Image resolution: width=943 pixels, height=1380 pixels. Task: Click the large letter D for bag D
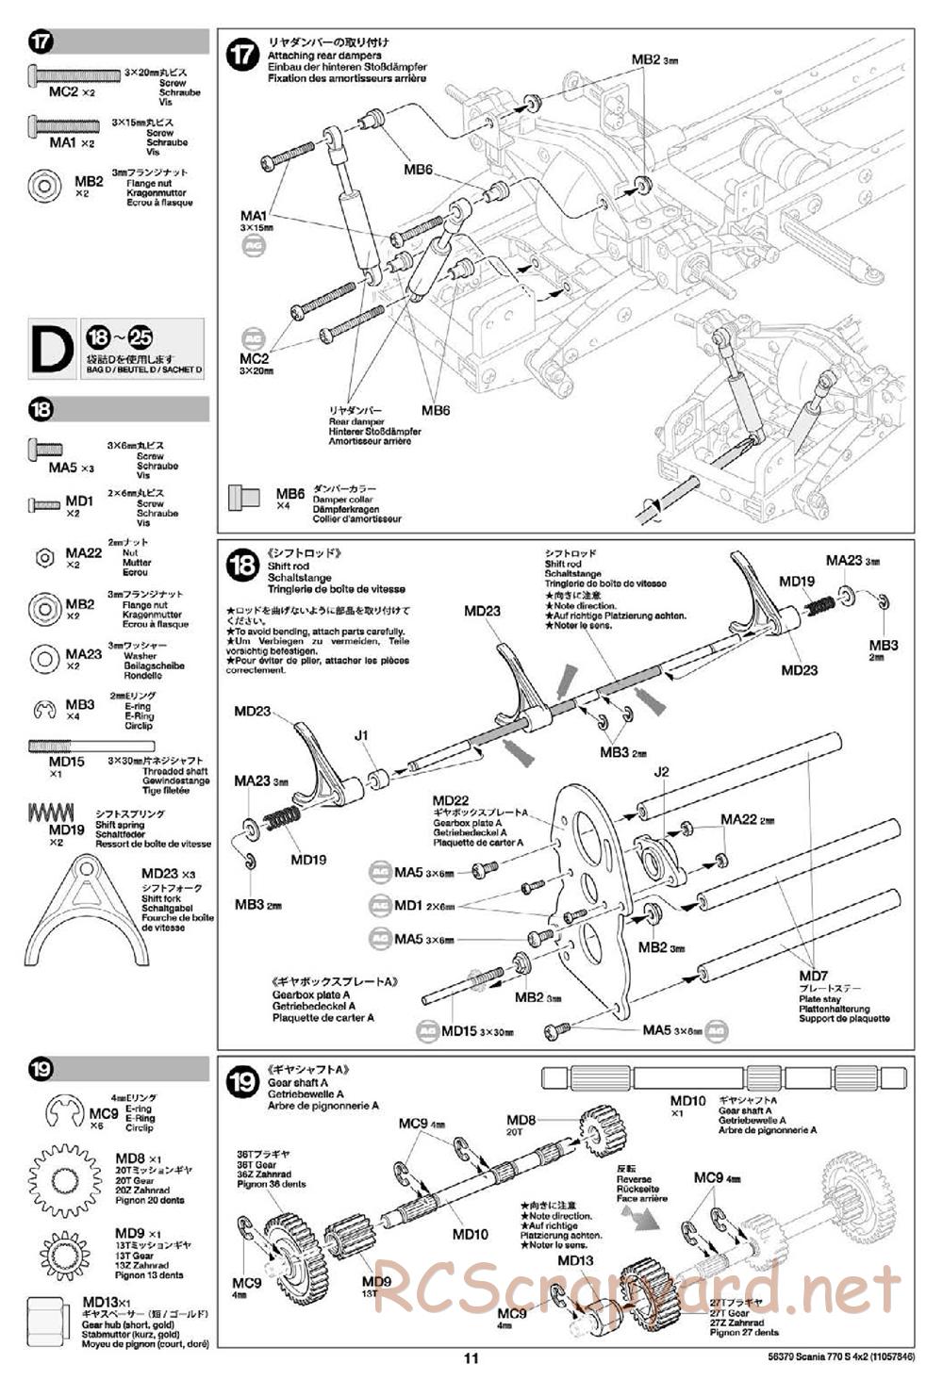tap(52, 349)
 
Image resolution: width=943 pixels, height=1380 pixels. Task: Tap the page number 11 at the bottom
tap(471, 1358)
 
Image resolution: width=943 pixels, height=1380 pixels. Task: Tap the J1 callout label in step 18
tap(361, 735)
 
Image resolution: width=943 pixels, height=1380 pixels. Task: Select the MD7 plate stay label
tap(813, 976)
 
